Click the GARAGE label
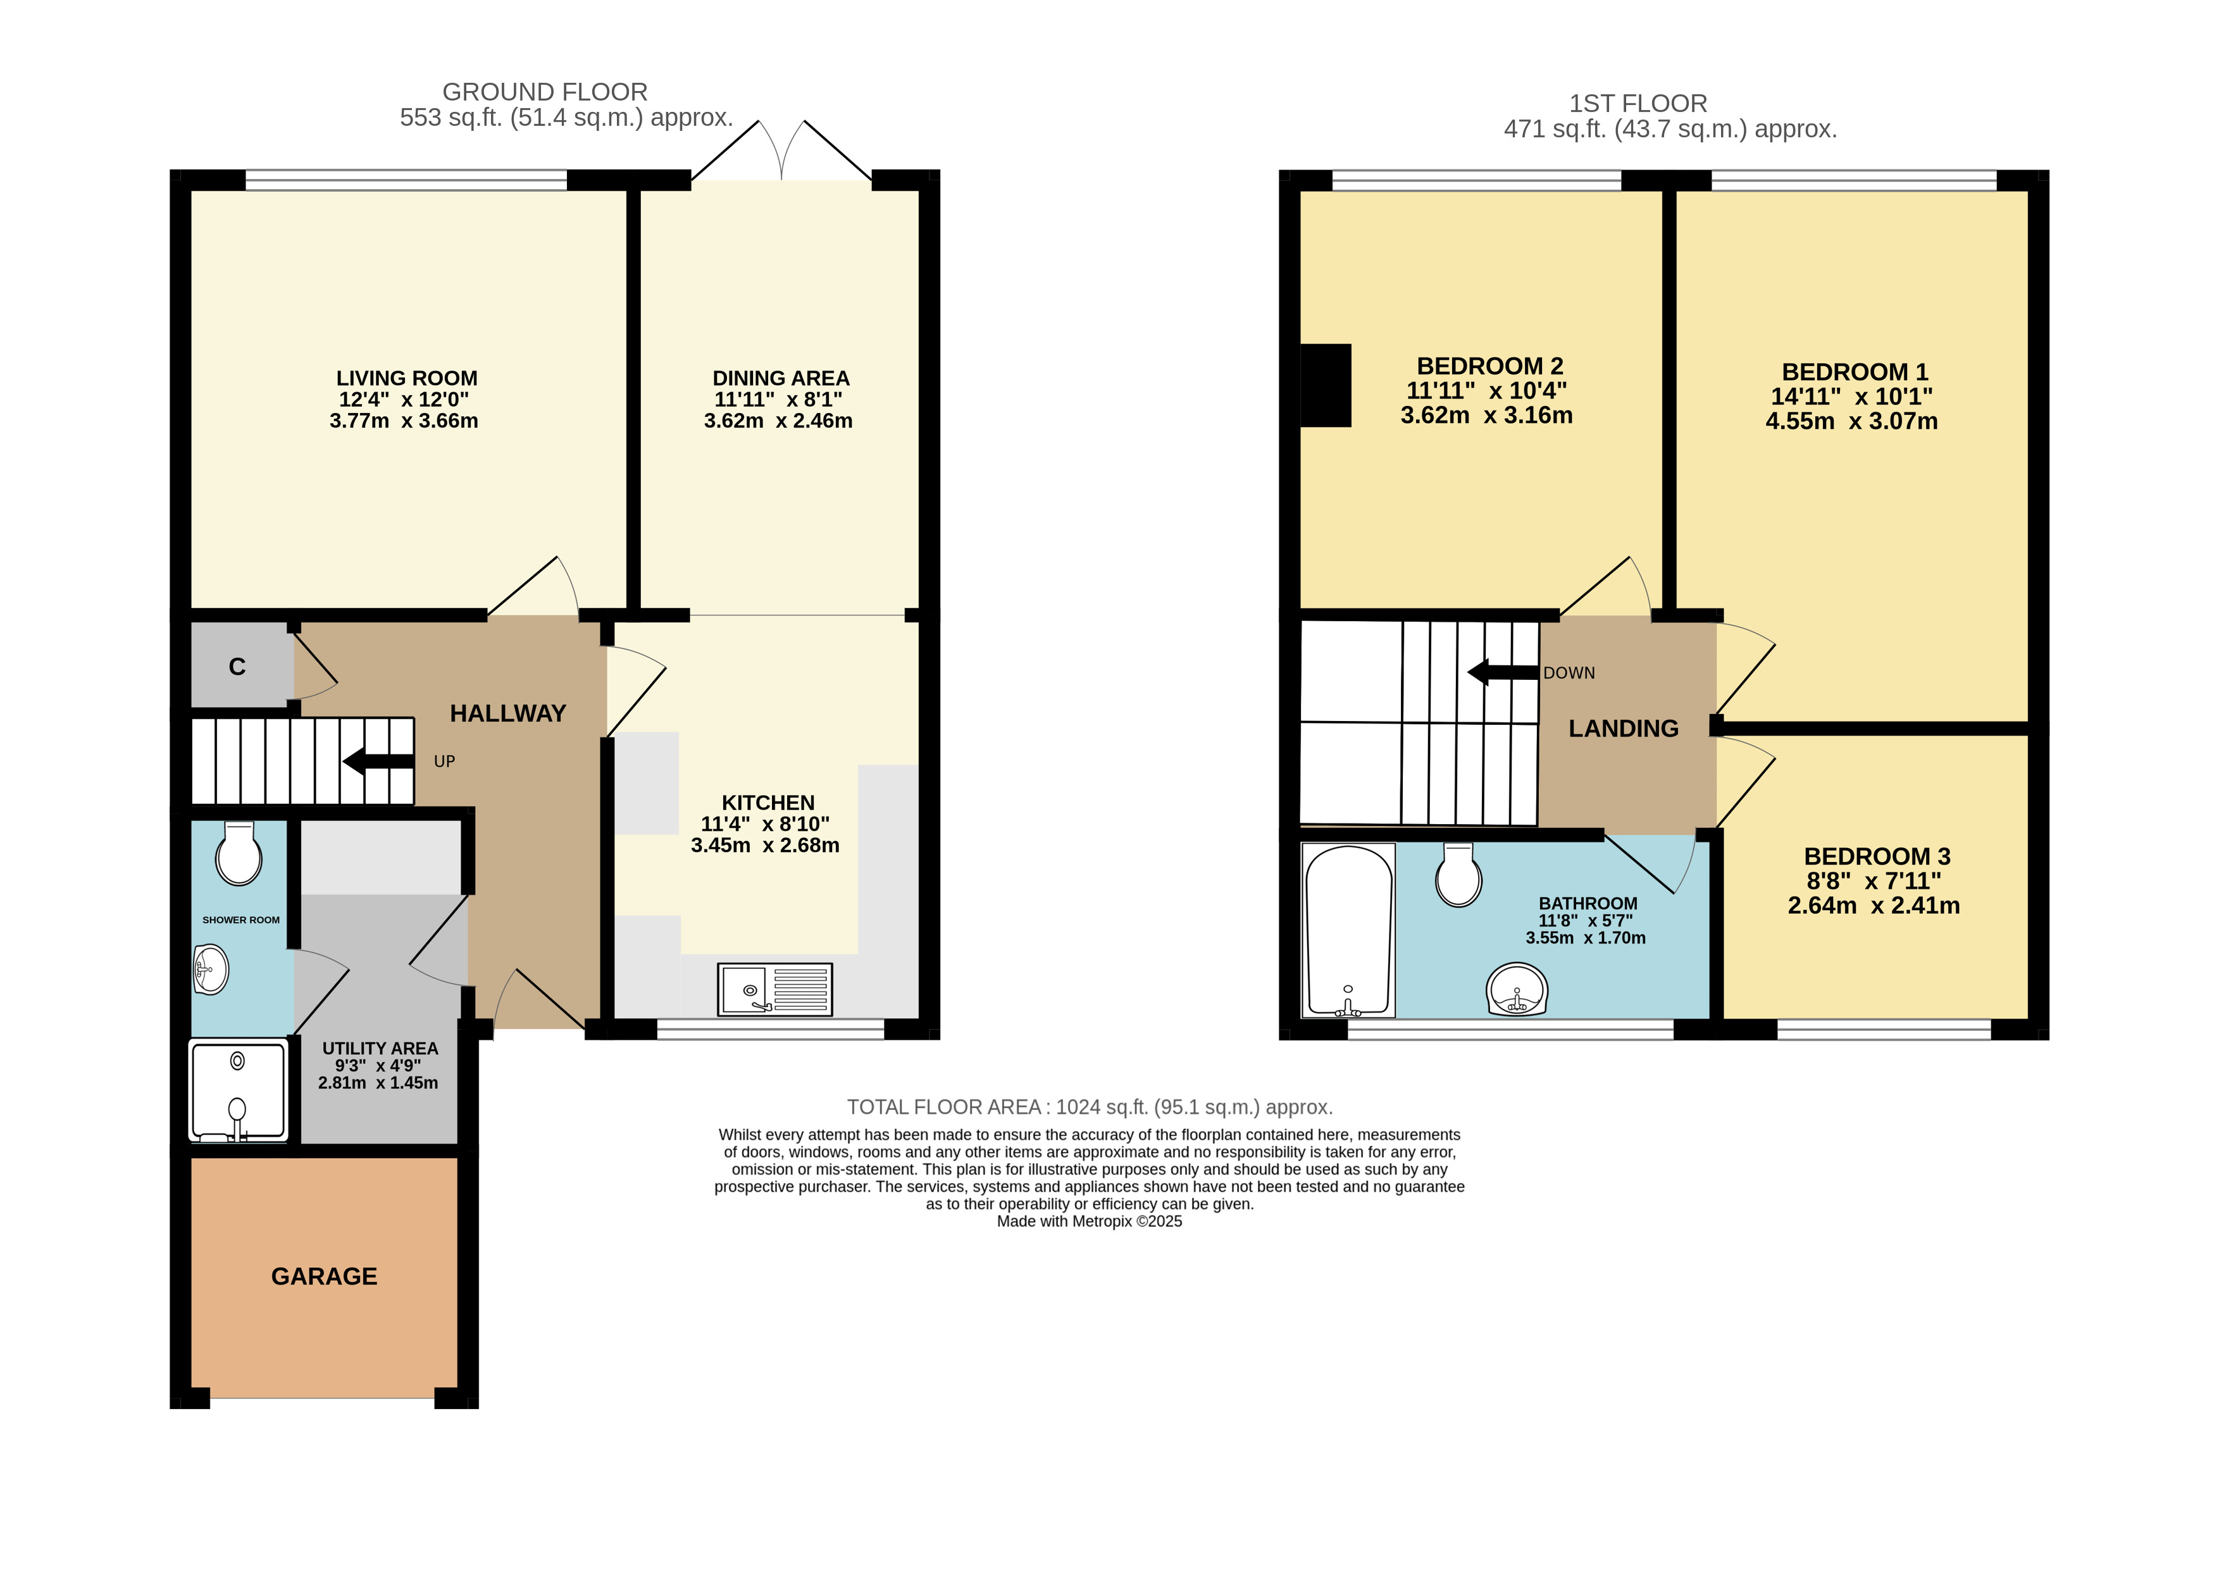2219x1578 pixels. pyautogui.click(x=324, y=1276)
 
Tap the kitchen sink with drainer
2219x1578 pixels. pyautogui.click(x=774, y=989)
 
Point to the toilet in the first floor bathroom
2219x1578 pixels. pyautogui.click(x=1459, y=875)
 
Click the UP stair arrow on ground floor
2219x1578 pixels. pyautogui.click(x=379, y=761)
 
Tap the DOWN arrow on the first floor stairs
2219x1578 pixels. pyautogui.click(x=1503, y=672)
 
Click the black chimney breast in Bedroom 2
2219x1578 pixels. pyautogui.click(x=1326, y=386)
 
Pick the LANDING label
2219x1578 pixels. pyautogui.click(x=1623, y=728)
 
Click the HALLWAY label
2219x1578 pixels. pyautogui.click(x=507, y=713)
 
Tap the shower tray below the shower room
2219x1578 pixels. pyautogui.click(x=238, y=1089)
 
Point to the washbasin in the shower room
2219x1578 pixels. pyautogui.click(x=211, y=969)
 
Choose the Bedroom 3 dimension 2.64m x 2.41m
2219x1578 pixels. pyautogui.click(x=1873, y=906)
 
